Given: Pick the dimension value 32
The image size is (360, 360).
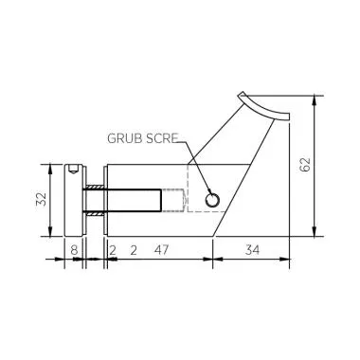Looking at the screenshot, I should (39, 201).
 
